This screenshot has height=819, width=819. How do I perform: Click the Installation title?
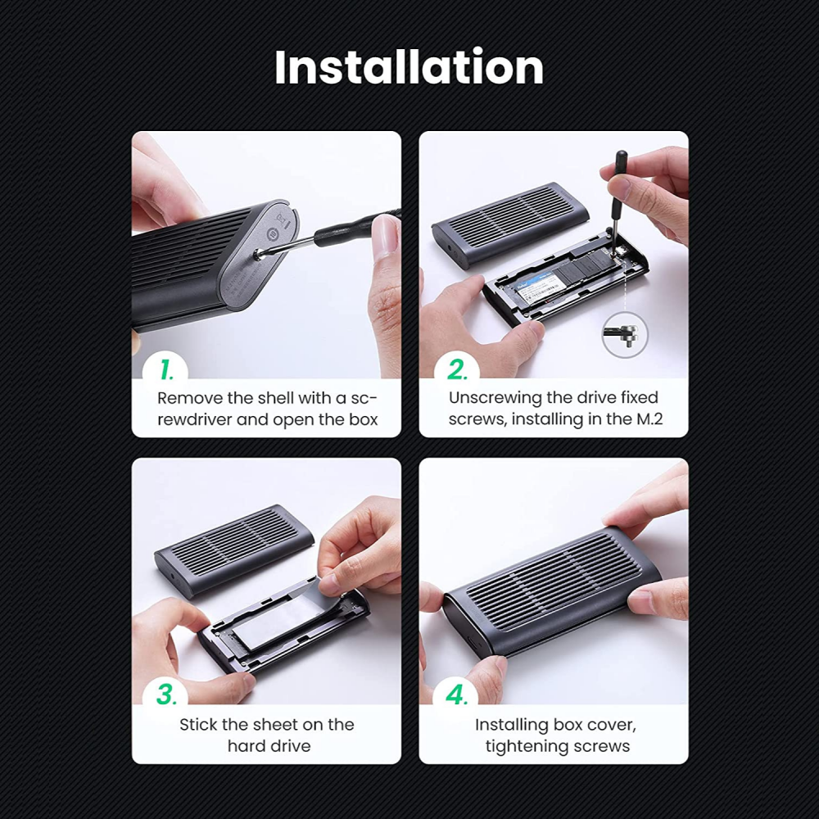click(409, 67)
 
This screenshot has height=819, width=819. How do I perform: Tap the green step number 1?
click(166, 369)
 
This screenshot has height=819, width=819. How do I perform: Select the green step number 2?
click(457, 370)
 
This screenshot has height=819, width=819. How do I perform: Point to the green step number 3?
click(166, 695)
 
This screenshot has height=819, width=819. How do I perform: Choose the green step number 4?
click(457, 695)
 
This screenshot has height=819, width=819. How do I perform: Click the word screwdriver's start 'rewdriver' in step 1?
click(194, 419)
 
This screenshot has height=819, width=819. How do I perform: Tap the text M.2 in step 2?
click(649, 419)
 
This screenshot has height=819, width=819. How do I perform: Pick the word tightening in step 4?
click(526, 747)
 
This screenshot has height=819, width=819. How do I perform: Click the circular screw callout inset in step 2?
click(625, 335)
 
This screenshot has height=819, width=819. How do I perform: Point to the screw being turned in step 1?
click(258, 255)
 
